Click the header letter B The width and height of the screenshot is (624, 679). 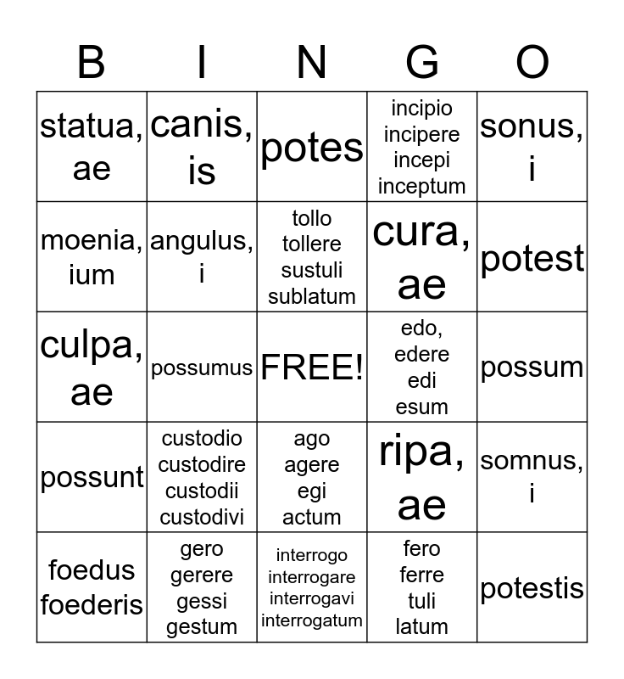[x=91, y=63]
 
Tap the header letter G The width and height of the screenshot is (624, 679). [x=421, y=63]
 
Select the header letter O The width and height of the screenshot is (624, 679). [x=532, y=63]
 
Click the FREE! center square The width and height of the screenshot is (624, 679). [x=312, y=368]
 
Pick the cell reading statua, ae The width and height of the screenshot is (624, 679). [x=92, y=147]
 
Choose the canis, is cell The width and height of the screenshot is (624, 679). [x=202, y=147]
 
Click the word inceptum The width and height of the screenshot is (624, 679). [x=421, y=186]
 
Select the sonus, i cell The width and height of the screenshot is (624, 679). [x=532, y=147]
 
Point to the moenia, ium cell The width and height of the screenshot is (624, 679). [x=92, y=257]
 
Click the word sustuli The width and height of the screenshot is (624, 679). [x=312, y=270]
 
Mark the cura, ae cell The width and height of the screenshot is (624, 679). [x=421, y=257]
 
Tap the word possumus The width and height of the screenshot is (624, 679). [x=202, y=368]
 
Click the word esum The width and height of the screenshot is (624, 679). [x=421, y=407]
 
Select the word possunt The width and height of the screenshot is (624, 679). [x=92, y=478]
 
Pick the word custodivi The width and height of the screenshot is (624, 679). [x=202, y=517]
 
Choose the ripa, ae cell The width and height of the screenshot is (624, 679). [x=421, y=478]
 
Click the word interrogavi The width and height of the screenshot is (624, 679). [x=312, y=599]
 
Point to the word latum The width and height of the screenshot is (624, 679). [x=421, y=627]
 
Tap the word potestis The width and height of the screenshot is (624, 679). [x=532, y=588]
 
